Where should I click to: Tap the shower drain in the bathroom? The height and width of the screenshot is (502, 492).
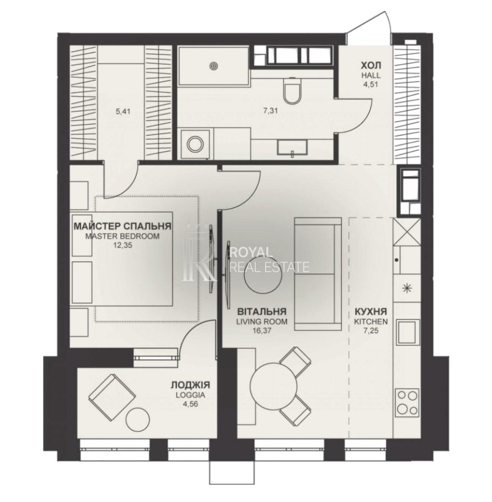[213, 66]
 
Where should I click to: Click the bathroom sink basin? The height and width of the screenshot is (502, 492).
[293, 147]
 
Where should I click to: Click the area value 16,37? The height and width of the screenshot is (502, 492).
[262, 330]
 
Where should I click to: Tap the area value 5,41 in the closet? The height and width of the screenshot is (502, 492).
[123, 112]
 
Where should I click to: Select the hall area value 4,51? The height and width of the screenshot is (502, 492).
[371, 84]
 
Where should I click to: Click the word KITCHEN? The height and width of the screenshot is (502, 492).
[371, 321]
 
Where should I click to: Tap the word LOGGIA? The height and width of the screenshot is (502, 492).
[190, 395]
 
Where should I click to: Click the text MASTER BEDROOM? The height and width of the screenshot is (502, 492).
[122, 236]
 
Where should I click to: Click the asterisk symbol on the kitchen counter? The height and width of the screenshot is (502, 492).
[405, 288]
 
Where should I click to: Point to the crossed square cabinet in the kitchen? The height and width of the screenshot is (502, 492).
[407, 232]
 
